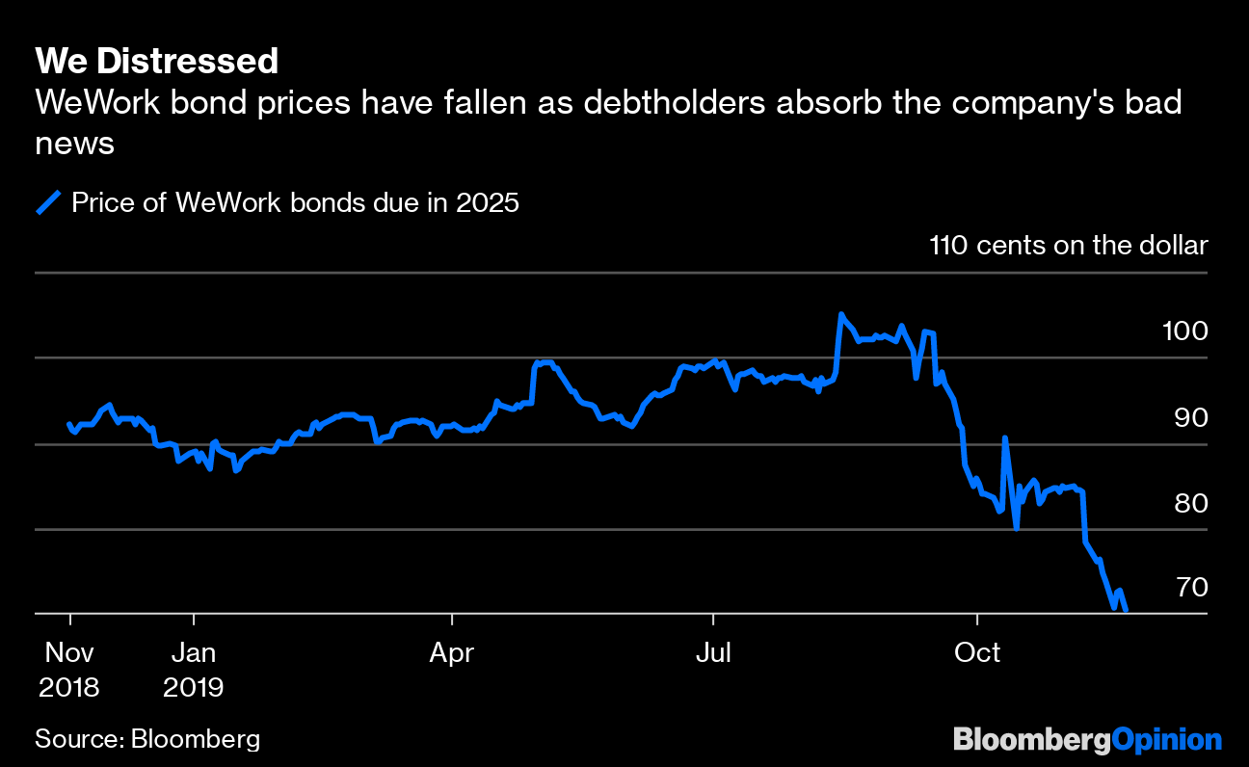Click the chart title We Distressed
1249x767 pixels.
156,62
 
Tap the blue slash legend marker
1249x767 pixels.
49,203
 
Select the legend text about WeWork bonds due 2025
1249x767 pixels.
295,203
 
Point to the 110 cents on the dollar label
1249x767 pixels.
1068,245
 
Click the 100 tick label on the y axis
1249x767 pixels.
1185,331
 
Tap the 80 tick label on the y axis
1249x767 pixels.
1185,503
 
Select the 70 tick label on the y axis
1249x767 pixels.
1185,587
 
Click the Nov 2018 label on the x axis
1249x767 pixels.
70,669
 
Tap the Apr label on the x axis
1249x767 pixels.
451,653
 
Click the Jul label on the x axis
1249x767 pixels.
713,653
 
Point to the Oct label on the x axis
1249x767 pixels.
976,653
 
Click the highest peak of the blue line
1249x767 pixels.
841,314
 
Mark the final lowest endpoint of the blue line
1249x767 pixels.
1126,609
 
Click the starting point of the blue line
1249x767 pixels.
69,424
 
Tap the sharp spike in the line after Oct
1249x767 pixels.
1005,438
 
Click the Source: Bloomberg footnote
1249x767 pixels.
147,739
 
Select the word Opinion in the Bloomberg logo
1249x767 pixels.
1166,739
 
